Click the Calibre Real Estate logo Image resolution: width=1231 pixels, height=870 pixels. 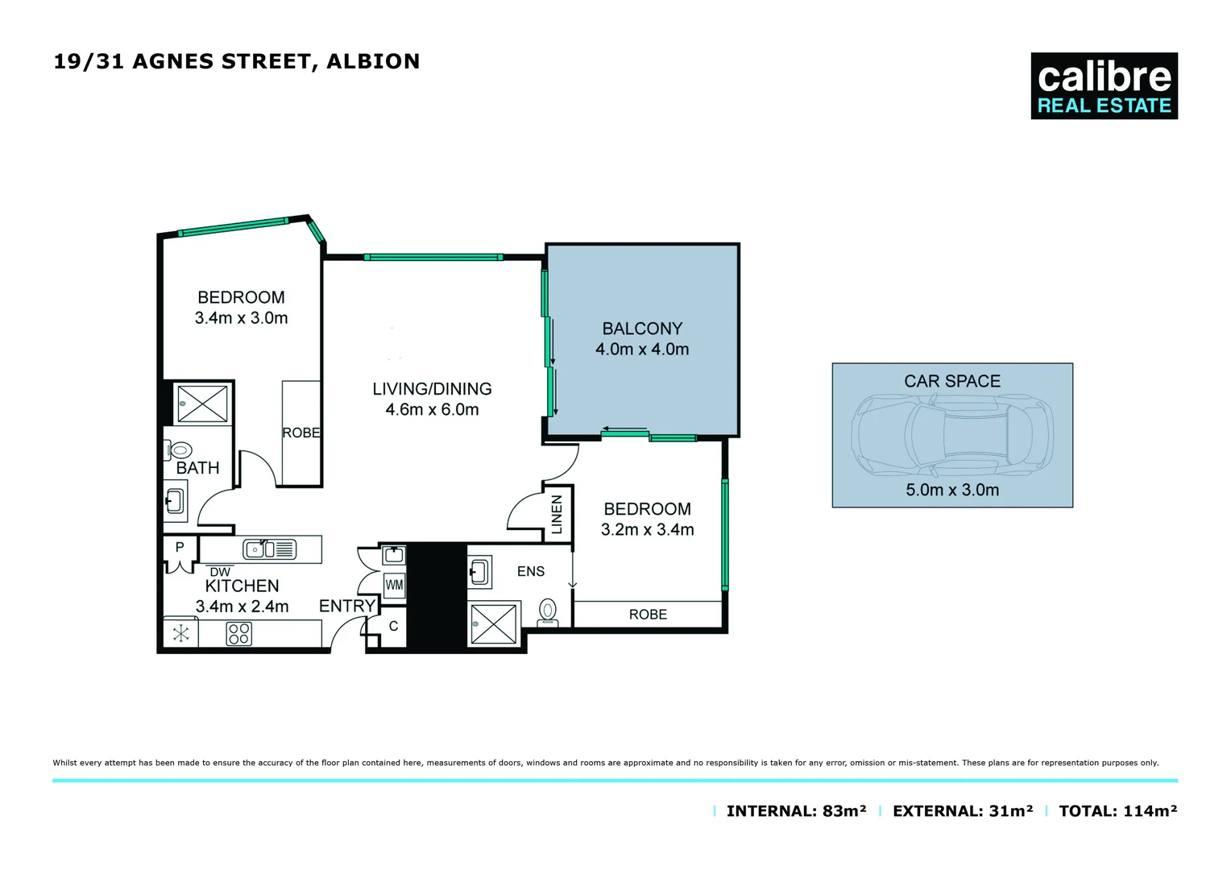[x=1104, y=86]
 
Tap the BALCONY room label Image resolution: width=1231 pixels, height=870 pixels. [x=642, y=329]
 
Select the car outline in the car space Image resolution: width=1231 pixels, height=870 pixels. [x=952, y=435]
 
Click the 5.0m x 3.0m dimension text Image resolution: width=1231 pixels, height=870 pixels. [x=952, y=490]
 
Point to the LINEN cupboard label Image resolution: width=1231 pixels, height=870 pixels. [x=557, y=514]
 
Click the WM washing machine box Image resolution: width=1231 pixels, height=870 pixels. [x=394, y=585]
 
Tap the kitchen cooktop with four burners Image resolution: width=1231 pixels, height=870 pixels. [x=239, y=633]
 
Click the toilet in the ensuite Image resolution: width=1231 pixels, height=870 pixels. [x=548, y=611]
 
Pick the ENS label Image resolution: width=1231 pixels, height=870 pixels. [x=531, y=571]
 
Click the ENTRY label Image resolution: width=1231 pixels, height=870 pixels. [x=347, y=606]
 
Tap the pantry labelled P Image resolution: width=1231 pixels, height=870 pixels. [x=180, y=547]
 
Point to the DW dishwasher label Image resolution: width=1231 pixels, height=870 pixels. [x=220, y=572]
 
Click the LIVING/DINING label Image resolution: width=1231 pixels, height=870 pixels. [x=432, y=389]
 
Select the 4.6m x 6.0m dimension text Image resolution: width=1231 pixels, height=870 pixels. [x=432, y=409]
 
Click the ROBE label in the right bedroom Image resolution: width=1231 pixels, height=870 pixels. [x=648, y=615]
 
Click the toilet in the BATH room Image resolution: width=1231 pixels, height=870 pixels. [x=180, y=450]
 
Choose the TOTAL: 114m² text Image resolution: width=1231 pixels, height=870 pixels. [x=1117, y=811]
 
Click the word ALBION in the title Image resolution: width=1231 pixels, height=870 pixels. [x=373, y=62]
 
